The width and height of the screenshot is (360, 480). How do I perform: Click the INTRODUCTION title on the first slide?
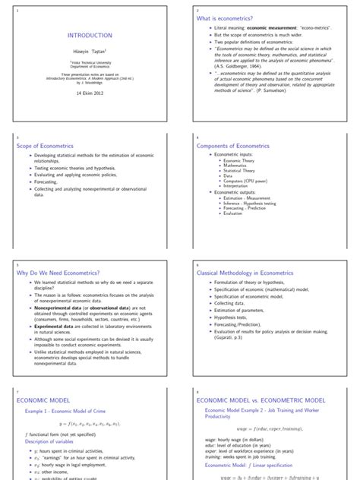click(x=90, y=35)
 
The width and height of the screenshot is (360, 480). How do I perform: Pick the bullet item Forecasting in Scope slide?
click(x=51, y=182)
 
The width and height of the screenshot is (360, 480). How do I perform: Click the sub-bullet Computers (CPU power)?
click(x=245, y=181)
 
